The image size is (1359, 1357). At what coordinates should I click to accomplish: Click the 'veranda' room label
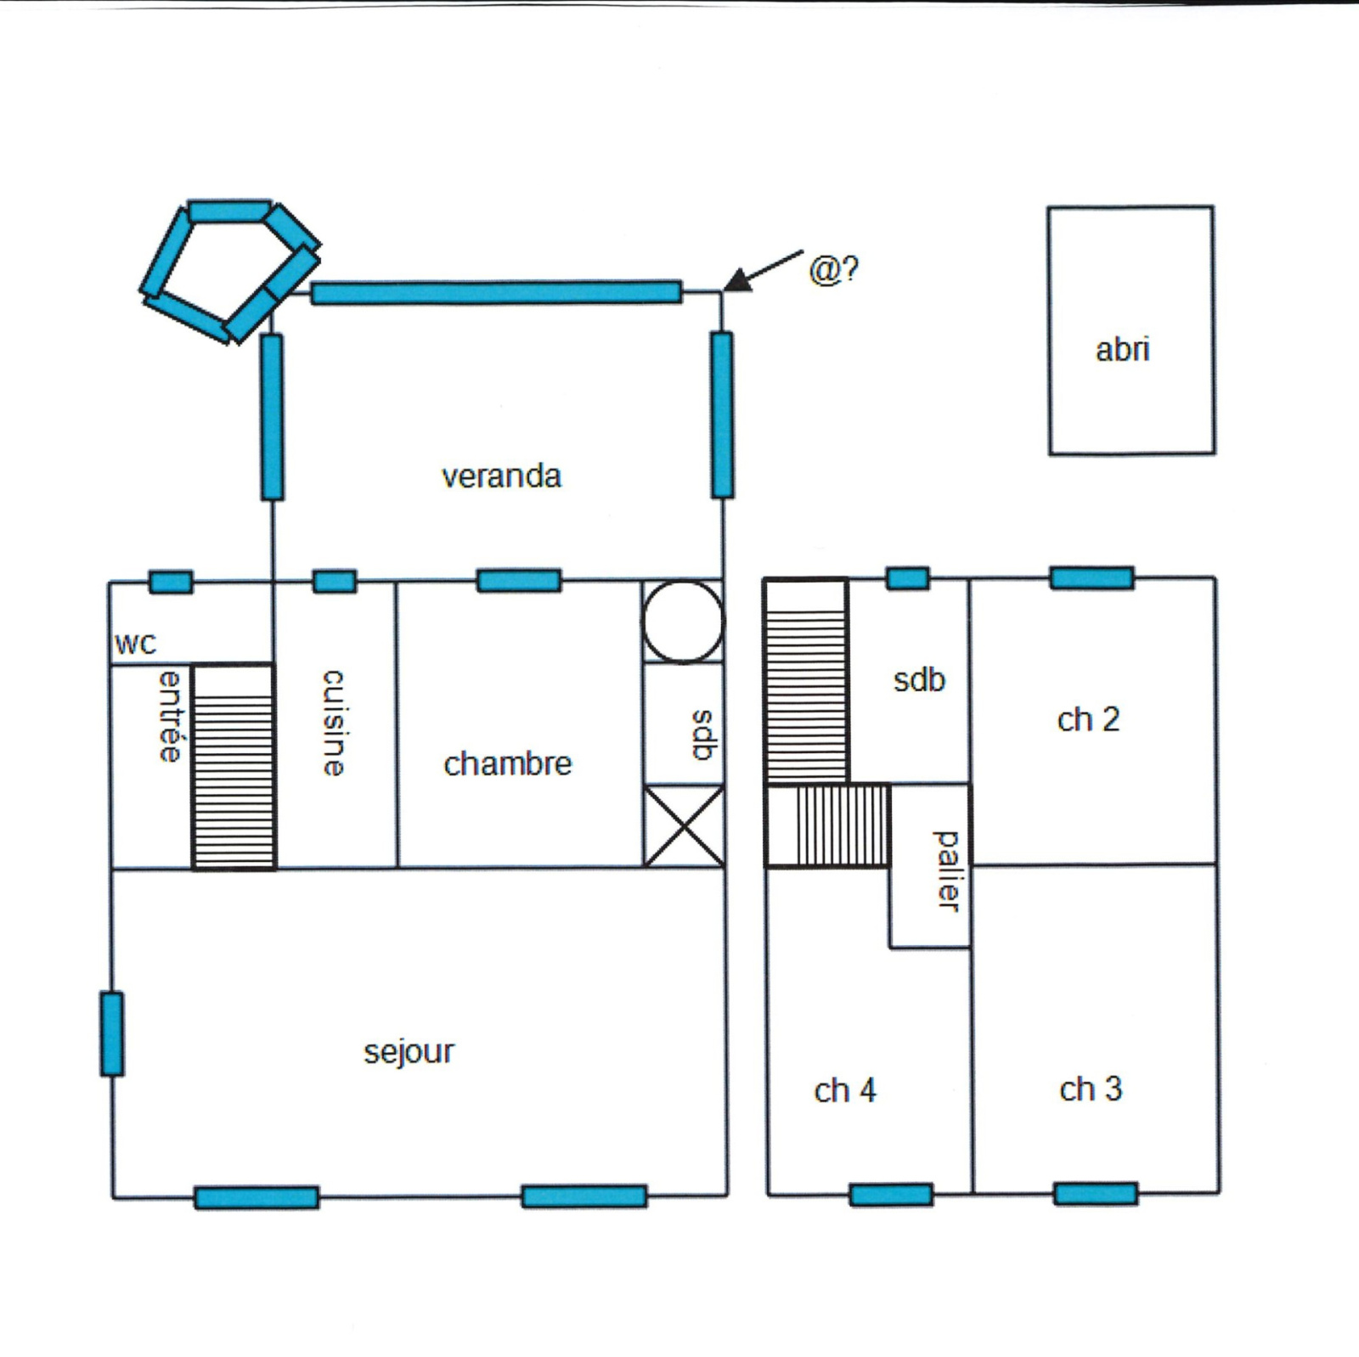501,476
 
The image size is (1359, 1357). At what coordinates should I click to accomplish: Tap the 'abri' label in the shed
1122,349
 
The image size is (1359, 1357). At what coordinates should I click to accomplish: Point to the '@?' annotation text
833,269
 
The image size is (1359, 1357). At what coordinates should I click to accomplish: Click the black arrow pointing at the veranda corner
763,271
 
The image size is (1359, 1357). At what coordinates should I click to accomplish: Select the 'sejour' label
409,1052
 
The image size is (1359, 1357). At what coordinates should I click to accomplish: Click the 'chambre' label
508,764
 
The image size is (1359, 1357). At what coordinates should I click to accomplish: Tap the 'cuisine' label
334,723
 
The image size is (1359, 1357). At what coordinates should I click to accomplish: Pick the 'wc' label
136,645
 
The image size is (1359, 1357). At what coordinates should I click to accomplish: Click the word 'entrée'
171,716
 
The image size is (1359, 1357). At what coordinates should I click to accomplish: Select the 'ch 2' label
1088,720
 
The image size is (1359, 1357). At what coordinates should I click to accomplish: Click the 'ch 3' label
1091,1089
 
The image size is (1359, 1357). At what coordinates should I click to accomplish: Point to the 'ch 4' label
844,1090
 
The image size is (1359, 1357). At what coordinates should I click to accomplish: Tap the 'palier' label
947,871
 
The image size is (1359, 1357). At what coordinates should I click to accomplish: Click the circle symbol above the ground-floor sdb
683,622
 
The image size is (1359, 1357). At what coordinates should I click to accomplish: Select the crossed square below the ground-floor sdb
685,826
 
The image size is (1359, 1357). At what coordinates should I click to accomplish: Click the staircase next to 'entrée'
234,767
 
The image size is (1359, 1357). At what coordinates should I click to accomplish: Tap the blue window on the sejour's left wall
111,1033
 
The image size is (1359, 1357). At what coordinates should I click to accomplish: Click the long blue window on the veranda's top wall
496,292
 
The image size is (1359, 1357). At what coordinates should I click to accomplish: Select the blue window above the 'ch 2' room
1091,578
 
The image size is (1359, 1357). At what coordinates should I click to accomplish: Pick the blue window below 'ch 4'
891,1195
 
